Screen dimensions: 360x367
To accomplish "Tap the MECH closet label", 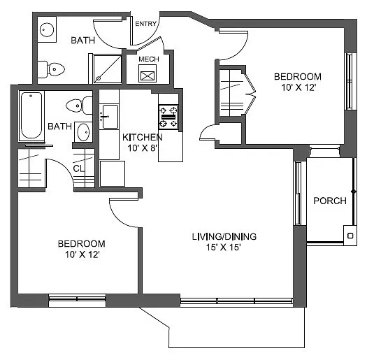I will [148, 59].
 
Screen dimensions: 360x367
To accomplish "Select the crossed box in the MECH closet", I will [147, 75].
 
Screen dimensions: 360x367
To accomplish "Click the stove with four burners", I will [168, 116].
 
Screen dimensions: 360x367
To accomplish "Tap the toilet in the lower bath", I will [78, 106].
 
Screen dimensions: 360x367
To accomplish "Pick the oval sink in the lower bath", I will [82, 131].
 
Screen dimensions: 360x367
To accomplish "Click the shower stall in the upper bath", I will [105, 69].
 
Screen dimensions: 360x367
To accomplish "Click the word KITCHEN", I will [142, 137].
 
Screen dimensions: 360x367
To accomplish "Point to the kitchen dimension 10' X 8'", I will [142, 148].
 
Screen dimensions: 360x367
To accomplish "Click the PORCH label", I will [329, 201].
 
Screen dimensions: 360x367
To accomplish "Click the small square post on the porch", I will [348, 236].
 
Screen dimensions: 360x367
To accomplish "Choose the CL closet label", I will [80, 168].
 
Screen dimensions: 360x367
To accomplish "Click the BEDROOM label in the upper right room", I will [297, 76].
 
